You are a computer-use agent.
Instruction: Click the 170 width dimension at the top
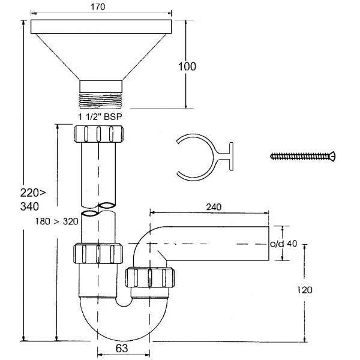pos(98,7)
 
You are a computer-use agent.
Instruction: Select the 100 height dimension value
pos(187,67)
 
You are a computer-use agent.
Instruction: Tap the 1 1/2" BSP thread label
pos(100,117)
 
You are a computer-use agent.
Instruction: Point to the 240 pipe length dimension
pos(214,207)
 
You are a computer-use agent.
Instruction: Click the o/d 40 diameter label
pos(283,244)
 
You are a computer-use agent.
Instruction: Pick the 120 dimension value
pos(305,290)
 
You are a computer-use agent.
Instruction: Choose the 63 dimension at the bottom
pos(122,349)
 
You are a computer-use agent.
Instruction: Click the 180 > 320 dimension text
pos(56,221)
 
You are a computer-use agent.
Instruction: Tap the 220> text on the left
pos(33,193)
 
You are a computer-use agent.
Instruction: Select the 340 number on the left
pos(29,206)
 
